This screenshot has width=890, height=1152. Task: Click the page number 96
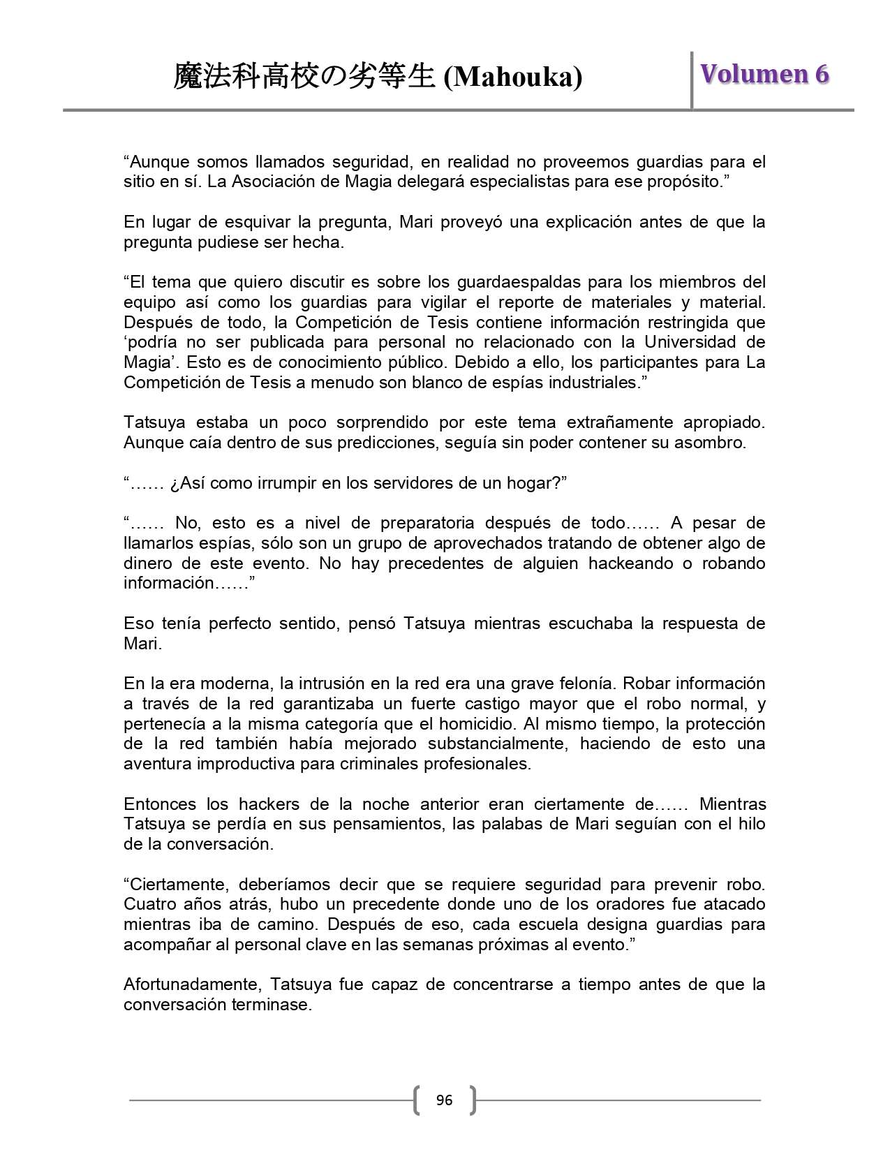444,1100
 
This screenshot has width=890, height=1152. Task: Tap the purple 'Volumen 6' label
764,74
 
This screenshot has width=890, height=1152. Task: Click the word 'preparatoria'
427,523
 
